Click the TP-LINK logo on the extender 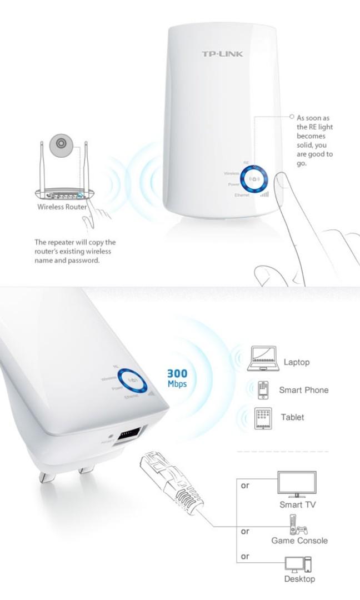(222, 54)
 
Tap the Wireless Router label (62, 207)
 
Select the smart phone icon (263, 389)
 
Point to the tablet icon (263, 418)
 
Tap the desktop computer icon (298, 564)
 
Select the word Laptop (297, 362)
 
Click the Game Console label (299, 541)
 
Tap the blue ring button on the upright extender (255, 179)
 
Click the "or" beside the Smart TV (245, 485)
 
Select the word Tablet (292, 417)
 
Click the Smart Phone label (303, 390)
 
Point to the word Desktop (299, 579)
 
